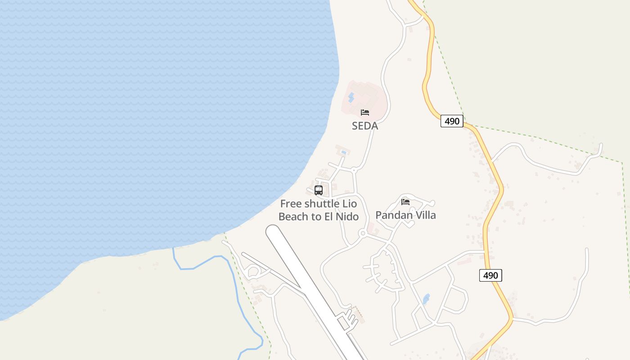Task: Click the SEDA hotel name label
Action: pyautogui.click(x=365, y=126)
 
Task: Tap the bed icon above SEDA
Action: pyautogui.click(x=365, y=112)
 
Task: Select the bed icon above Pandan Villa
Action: pyautogui.click(x=405, y=202)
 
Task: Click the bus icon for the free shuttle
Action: pyautogui.click(x=319, y=190)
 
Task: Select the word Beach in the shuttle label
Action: pyautogui.click(x=293, y=216)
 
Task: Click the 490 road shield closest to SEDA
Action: pyautogui.click(x=452, y=121)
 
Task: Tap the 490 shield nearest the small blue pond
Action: pyautogui.click(x=490, y=275)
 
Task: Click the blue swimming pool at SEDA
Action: pyautogui.click(x=351, y=97)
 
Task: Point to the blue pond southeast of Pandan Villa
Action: pyautogui.click(x=426, y=299)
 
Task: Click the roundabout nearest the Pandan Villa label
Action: pyautogui.click(x=362, y=233)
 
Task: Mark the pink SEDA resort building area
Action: pyautogui.click(x=371, y=99)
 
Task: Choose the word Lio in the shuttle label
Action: pyautogui.click(x=350, y=204)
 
